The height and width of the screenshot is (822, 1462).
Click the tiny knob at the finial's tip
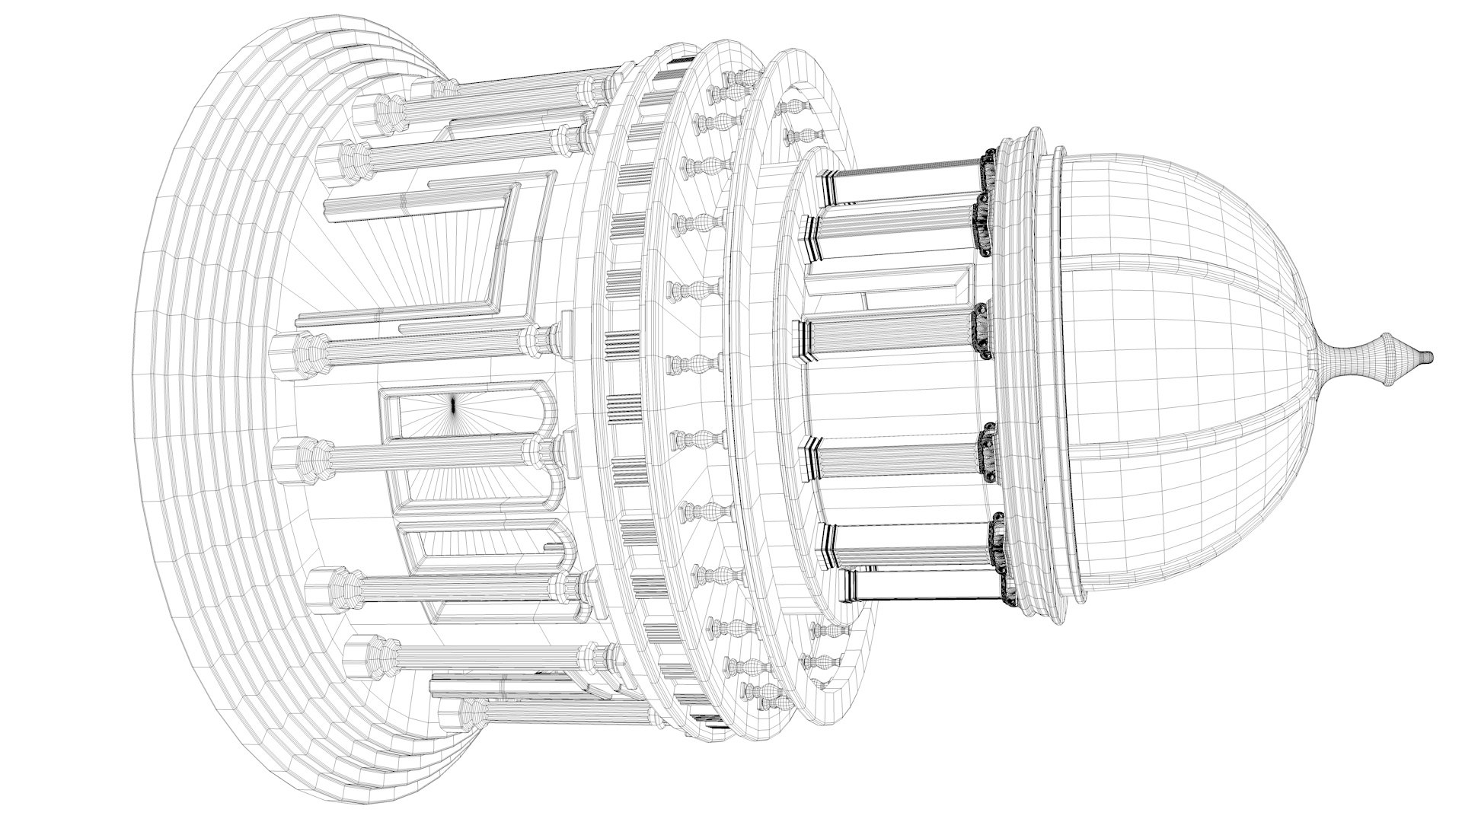pyautogui.click(x=1428, y=356)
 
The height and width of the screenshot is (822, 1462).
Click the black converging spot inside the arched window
pyautogui.click(x=454, y=405)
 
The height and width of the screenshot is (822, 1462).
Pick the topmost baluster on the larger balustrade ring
pyautogui.click(x=735, y=80)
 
